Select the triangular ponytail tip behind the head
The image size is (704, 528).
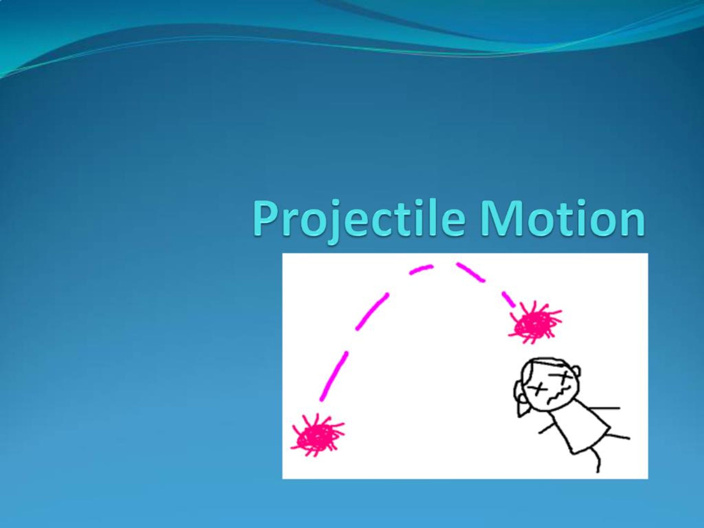[522, 410]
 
